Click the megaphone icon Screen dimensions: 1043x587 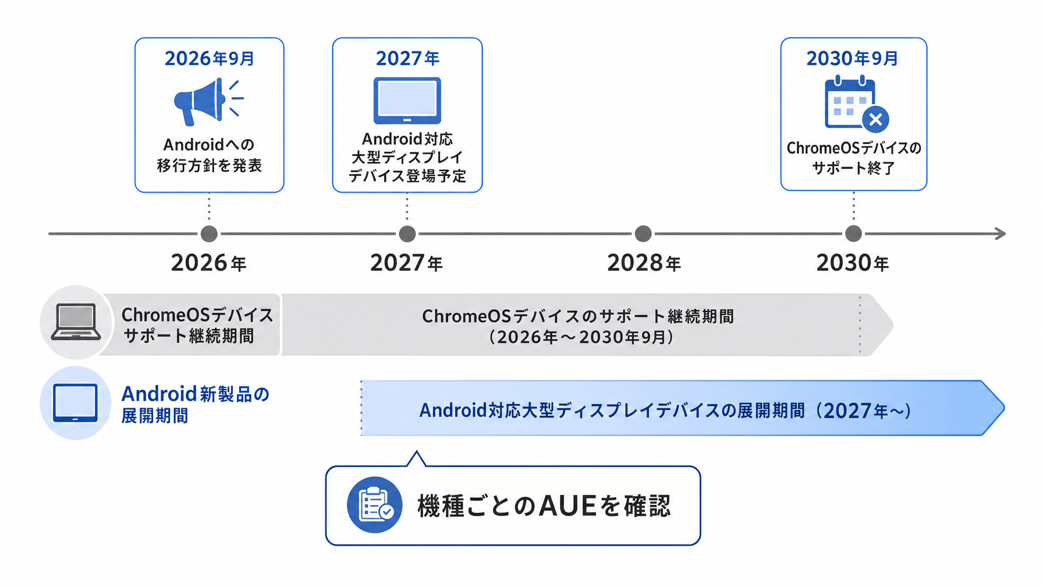(x=208, y=102)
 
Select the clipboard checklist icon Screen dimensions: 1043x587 (x=375, y=505)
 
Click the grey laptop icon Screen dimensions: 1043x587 (x=76, y=322)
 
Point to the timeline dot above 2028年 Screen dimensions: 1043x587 (x=643, y=234)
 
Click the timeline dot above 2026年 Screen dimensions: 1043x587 (x=209, y=234)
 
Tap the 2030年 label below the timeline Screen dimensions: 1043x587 (x=853, y=263)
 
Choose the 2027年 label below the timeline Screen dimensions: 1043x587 (x=406, y=263)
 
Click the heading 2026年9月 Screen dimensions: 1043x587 (x=210, y=58)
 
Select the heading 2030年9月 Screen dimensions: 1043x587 (x=853, y=58)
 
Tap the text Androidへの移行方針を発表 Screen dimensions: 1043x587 (x=210, y=155)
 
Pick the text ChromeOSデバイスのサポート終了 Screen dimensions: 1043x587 (x=854, y=158)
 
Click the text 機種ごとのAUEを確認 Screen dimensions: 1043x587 (x=544, y=505)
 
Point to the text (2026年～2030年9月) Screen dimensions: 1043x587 (x=581, y=337)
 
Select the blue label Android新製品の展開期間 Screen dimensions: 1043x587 (x=195, y=405)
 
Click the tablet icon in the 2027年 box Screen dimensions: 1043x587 (x=407, y=100)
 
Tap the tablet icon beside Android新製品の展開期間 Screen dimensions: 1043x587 (x=75, y=402)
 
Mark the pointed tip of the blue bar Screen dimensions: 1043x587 (x=1004, y=408)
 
